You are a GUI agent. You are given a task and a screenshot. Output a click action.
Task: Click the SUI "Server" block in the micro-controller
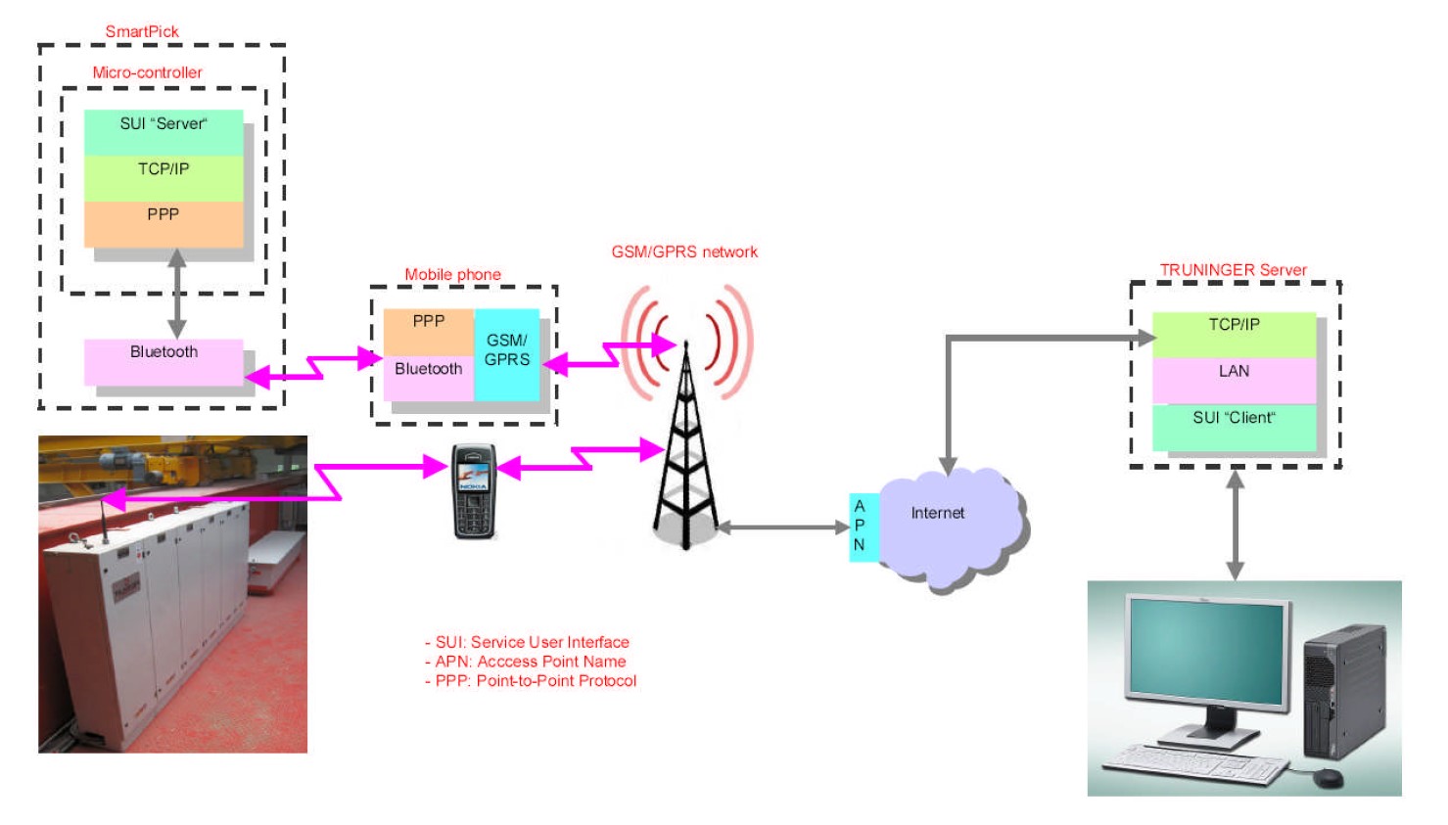(x=163, y=132)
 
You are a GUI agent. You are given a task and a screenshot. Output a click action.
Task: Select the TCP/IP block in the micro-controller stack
(x=163, y=178)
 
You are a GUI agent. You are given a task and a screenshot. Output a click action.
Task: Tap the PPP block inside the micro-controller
(x=163, y=224)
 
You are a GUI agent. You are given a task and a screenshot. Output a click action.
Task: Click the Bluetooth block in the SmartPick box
(x=163, y=362)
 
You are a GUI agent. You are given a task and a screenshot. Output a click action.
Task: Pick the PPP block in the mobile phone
(x=429, y=332)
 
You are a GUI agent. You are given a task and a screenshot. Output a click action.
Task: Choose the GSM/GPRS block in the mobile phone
(x=507, y=354)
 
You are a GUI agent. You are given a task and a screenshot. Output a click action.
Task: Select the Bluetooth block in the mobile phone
(x=429, y=378)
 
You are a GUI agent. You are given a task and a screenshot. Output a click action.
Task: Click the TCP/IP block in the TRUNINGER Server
(x=1234, y=336)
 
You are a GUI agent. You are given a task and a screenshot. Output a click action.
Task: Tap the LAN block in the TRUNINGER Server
(x=1234, y=381)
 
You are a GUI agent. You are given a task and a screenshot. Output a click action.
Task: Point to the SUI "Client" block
(x=1234, y=427)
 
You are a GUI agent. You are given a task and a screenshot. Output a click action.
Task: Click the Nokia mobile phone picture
(x=473, y=491)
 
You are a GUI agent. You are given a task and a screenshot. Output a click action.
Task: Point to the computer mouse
(x=1328, y=778)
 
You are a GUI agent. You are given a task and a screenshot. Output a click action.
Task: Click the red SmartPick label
(x=142, y=31)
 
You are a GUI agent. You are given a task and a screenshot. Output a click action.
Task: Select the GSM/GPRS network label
(x=684, y=252)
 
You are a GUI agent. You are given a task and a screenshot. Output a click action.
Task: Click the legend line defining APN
(x=526, y=662)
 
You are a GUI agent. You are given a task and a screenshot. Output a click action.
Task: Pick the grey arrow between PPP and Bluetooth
(x=176, y=294)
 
